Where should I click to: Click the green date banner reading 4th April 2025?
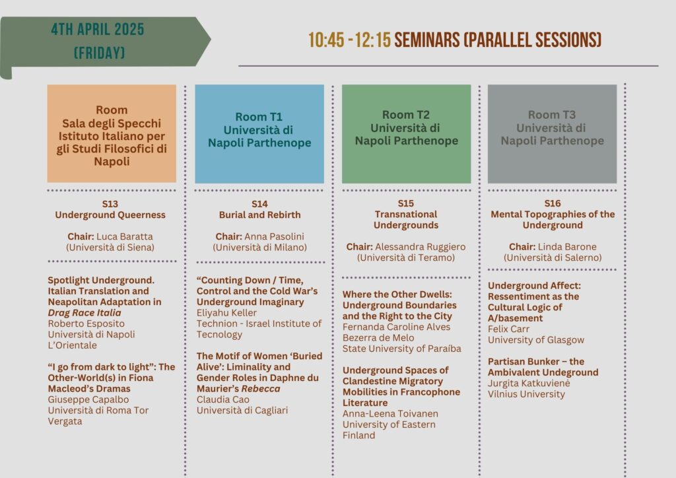point(104,42)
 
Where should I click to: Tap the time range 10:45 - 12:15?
point(349,40)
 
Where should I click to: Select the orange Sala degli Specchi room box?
point(112,133)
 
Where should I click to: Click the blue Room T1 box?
point(259,133)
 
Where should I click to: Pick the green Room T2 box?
point(406,133)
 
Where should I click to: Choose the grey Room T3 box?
point(553,133)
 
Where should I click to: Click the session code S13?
point(110,204)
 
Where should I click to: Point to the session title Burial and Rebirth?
point(259,215)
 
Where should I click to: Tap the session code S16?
point(553,203)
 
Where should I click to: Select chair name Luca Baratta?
point(125,236)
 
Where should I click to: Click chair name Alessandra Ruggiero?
point(420,247)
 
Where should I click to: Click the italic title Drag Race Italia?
point(84,312)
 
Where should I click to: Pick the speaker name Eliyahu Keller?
point(226,313)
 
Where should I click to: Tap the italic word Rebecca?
point(260,388)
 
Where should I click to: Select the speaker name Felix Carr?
point(508,329)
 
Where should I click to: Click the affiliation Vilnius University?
point(526,394)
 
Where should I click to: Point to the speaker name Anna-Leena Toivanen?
point(390,414)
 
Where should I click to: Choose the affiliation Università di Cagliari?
point(242,411)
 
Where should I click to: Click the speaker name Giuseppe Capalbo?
point(88,399)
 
